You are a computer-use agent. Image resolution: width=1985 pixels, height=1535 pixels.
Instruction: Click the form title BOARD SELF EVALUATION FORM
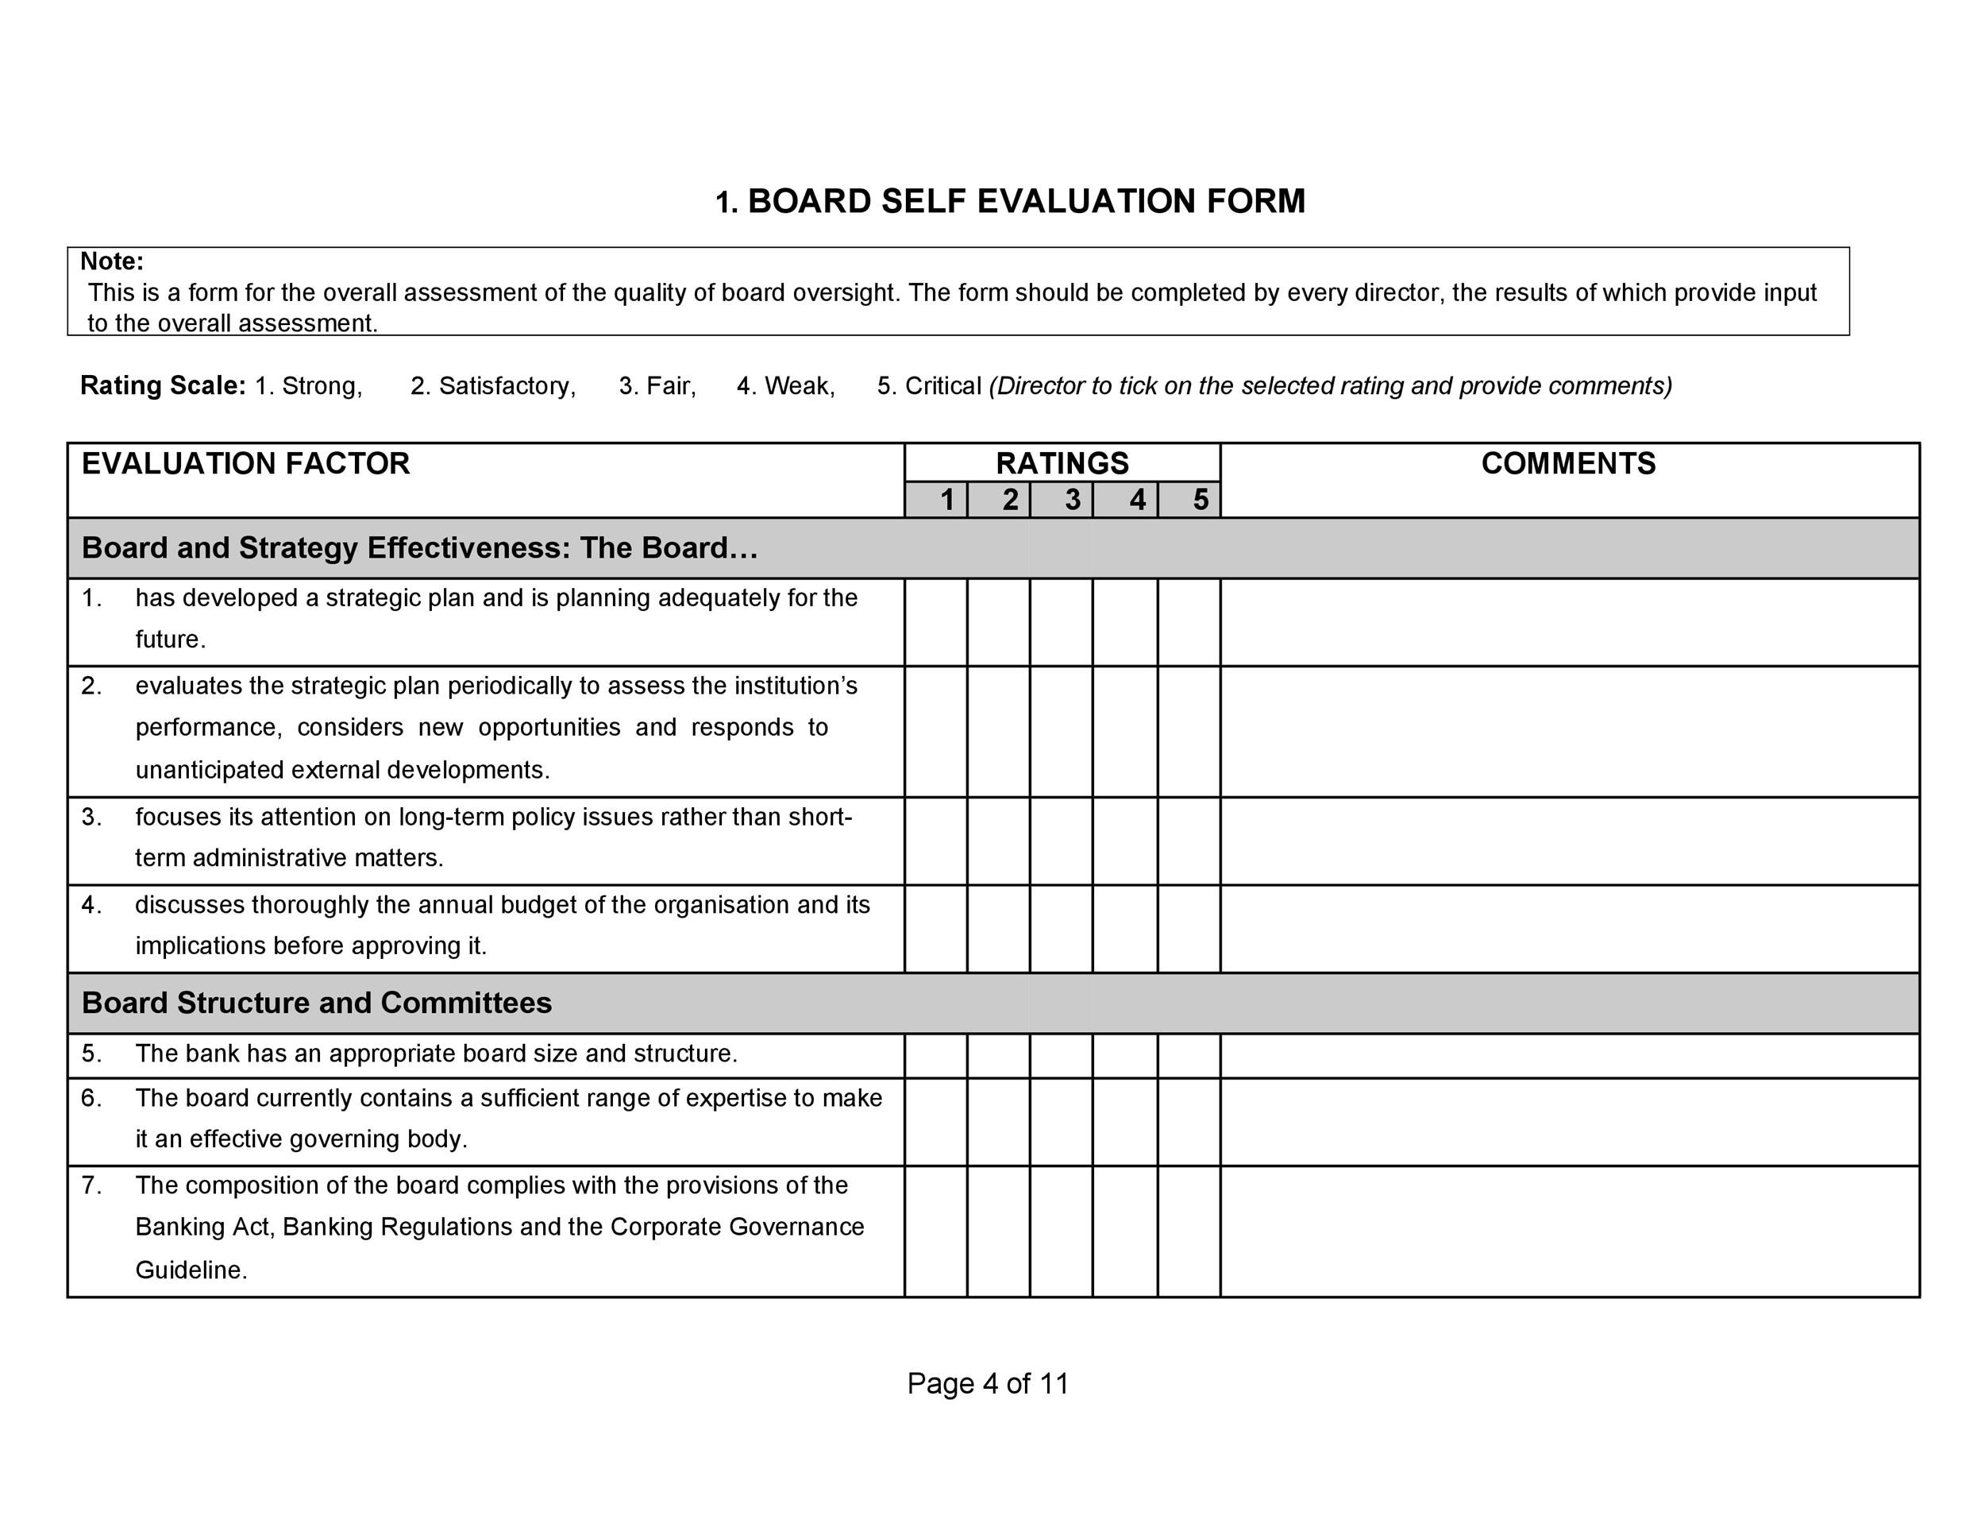[1010, 201]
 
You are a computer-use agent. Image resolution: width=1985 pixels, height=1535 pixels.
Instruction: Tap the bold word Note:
[112, 261]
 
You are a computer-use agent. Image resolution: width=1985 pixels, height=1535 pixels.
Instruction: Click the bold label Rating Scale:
[163, 385]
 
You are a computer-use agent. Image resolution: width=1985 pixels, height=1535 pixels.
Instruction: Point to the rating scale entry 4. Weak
[785, 385]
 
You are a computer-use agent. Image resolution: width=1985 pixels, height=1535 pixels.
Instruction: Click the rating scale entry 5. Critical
[929, 385]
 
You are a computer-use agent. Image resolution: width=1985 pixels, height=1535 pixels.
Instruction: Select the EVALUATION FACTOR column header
[245, 464]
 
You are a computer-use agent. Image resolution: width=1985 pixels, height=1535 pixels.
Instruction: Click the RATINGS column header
[1062, 463]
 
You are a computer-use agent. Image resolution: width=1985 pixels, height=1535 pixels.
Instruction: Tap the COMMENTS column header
[1568, 464]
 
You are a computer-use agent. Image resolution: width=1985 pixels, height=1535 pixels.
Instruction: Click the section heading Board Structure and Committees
[316, 1003]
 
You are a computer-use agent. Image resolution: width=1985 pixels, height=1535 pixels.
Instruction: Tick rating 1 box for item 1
[936, 622]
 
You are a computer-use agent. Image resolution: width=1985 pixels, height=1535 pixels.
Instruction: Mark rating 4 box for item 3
[1125, 841]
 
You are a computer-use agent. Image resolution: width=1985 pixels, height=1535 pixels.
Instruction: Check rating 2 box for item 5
[999, 1056]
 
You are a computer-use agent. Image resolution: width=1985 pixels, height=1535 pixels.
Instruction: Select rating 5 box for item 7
[1189, 1231]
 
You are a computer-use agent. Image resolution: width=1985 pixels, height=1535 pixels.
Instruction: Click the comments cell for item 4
[1570, 929]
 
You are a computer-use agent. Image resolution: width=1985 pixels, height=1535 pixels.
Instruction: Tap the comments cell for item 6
[1570, 1122]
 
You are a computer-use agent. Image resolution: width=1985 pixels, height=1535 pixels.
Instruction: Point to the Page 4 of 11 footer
[988, 1383]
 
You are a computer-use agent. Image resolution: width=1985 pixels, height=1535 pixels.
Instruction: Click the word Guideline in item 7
[190, 1270]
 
